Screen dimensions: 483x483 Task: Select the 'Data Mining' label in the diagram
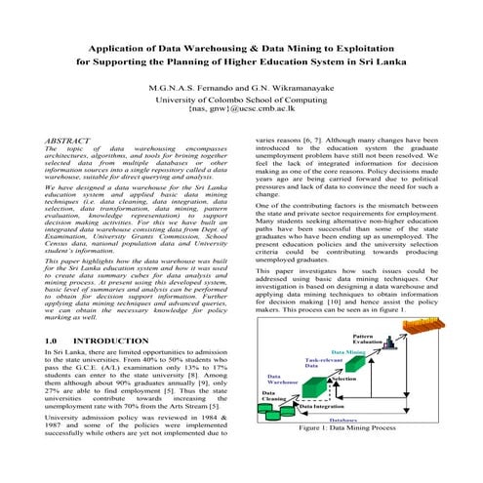pos(349,351)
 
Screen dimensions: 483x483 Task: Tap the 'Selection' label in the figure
pos(348,378)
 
